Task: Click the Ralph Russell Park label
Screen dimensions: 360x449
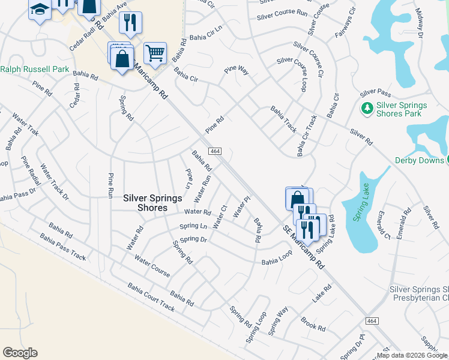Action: pyautogui.click(x=35, y=69)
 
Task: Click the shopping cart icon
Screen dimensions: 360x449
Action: pyautogui.click(x=155, y=53)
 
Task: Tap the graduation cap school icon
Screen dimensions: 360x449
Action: pyautogui.click(x=40, y=10)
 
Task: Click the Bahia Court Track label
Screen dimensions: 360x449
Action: pyautogui.click(x=151, y=298)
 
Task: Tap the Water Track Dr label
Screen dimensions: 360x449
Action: pyautogui.click(x=55, y=181)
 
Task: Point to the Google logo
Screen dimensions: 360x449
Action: pyautogui.click(x=20, y=353)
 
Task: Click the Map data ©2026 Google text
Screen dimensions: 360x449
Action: pyautogui.click(x=412, y=355)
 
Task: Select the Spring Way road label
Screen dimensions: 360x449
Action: pyautogui.click(x=279, y=320)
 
